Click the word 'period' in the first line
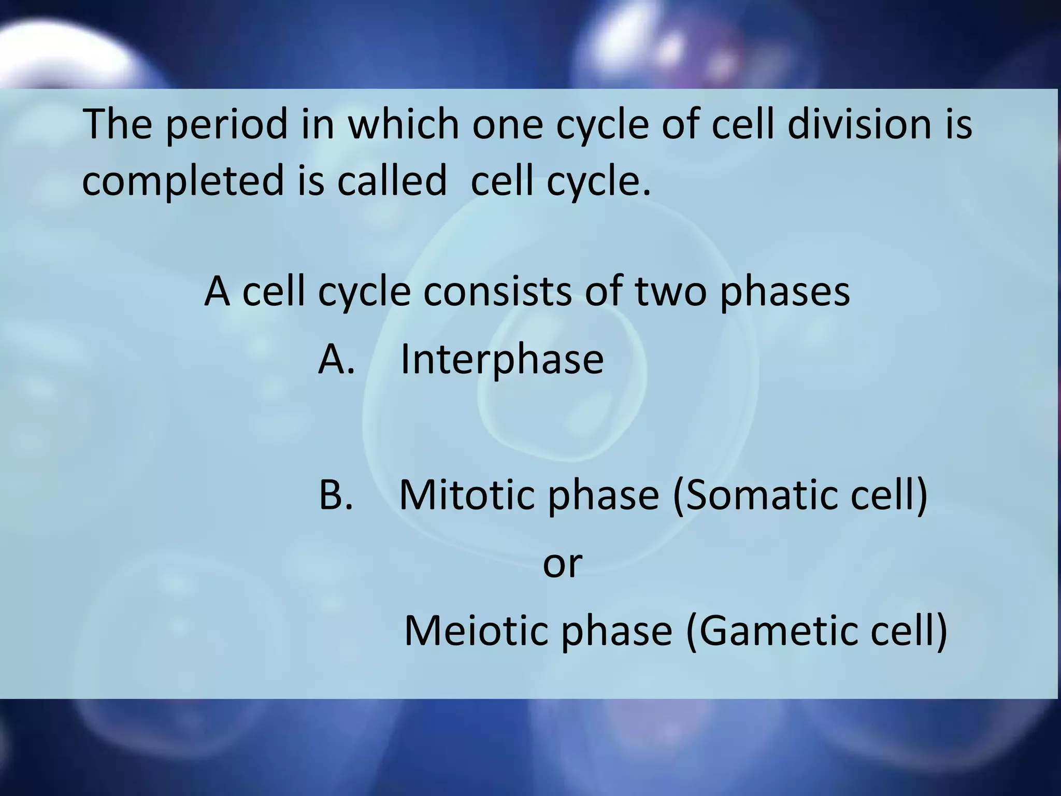(x=226, y=126)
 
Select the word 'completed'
(x=183, y=181)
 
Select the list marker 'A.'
(x=336, y=359)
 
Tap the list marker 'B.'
(x=336, y=494)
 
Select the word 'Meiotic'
(x=476, y=631)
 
